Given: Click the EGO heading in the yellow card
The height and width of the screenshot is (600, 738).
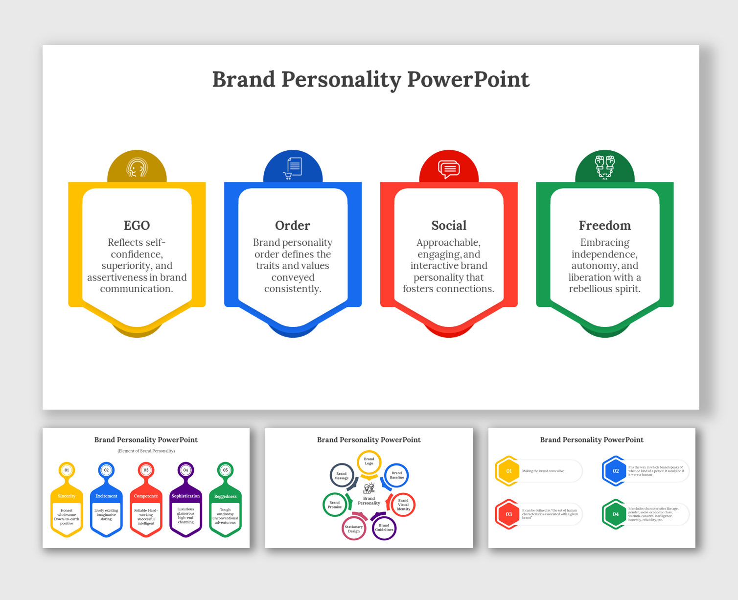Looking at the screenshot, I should pyautogui.click(x=137, y=226).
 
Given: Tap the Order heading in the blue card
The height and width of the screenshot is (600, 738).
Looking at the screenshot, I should pyautogui.click(x=293, y=226).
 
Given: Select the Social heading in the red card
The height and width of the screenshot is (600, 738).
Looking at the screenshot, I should pyautogui.click(x=449, y=226).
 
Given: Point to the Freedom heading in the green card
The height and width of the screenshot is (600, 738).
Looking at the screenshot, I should pyautogui.click(x=605, y=226).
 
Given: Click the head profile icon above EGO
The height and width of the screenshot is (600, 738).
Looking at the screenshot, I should pyautogui.click(x=137, y=168).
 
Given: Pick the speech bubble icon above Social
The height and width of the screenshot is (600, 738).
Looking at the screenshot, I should pyautogui.click(x=449, y=169).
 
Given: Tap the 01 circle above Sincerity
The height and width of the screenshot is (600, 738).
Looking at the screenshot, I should pyautogui.click(x=67, y=470).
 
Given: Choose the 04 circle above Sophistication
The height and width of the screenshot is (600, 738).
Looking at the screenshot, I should pyautogui.click(x=185, y=470).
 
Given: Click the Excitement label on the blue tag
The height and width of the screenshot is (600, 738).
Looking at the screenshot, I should pyautogui.click(x=106, y=496).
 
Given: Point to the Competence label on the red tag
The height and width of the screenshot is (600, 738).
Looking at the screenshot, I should pyautogui.click(x=146, y=496).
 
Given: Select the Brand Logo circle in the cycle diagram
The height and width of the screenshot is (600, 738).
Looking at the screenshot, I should pyautogui.click(x=369, y=462).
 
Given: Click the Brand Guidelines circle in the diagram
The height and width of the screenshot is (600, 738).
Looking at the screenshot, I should pyautogui.click(x=384, y=528).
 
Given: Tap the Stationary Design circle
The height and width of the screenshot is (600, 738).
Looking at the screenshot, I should pyautogui.click(x=354, y=529).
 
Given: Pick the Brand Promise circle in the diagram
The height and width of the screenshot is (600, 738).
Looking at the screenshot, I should pyautogui.click(x=335, y=505).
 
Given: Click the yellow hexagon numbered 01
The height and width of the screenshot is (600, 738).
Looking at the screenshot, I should pyautogui.click(x=508, y=471).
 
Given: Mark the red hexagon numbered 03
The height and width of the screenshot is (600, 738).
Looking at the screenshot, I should pyautogui.click(x=508, y=514).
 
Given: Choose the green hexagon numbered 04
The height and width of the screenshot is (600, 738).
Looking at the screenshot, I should pyautogui.click(x=615, y=514).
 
